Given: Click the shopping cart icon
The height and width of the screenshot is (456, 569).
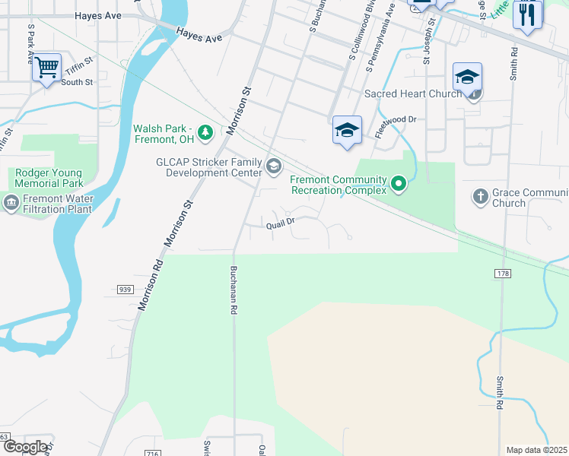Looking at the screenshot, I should pos(47,68).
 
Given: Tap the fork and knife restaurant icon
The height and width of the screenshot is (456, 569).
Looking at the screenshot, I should pos(527,14).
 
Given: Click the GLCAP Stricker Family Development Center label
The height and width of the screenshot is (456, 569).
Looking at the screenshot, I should pos(209,167).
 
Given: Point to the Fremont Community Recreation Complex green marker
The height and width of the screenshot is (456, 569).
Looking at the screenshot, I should pos(398,183).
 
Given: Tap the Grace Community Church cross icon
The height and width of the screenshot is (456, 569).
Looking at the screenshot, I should pos(480,197).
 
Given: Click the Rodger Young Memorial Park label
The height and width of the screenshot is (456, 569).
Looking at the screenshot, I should pos(49,178).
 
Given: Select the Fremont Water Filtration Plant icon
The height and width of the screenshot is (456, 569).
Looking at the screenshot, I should pos(11,201).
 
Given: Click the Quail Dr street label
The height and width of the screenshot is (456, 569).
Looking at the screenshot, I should pos(280,225).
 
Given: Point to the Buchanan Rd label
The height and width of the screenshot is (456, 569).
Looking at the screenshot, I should pos(234,290).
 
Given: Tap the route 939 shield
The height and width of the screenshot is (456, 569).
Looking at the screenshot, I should pos(126,289).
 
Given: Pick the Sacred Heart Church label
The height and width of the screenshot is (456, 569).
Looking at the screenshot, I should pos(413,93).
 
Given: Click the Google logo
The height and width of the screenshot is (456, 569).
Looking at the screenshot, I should pos(25,447).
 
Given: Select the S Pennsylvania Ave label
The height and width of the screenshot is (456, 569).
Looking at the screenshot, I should pos(380,38).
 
